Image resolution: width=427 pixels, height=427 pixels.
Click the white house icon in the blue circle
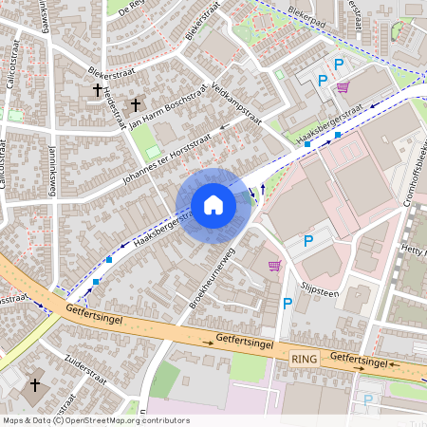click(x=213, y=205)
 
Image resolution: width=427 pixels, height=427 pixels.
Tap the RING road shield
click(x=304, y=360)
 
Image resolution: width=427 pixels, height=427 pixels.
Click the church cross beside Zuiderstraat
click(x=35, y=385)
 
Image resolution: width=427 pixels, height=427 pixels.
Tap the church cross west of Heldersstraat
click(x=97, y=91)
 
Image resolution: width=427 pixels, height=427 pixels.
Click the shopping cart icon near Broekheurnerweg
click(x=275, y=266)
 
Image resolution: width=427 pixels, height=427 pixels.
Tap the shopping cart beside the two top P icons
click(x=343, y=87)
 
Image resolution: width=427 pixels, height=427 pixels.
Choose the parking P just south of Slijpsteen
click(x=288, y=304)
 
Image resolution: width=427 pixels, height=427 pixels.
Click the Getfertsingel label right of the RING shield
click(x=361, y=360)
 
